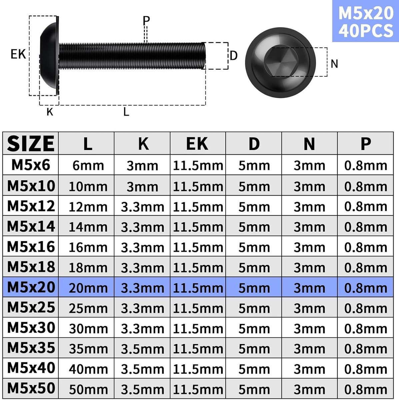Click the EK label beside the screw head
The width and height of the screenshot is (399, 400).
tap(18, 54)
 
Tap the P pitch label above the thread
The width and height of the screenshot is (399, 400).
tap(146, 20)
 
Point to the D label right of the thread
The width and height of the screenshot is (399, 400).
tap(234, 56)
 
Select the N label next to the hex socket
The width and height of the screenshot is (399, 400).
tap(334, 64)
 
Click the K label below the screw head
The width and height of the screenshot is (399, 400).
tap(50, 112)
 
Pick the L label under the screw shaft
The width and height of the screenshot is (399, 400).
tap(126, 112)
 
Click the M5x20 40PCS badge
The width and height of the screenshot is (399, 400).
tap(366, 21)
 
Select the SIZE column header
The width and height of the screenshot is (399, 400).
tap(31, 143)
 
